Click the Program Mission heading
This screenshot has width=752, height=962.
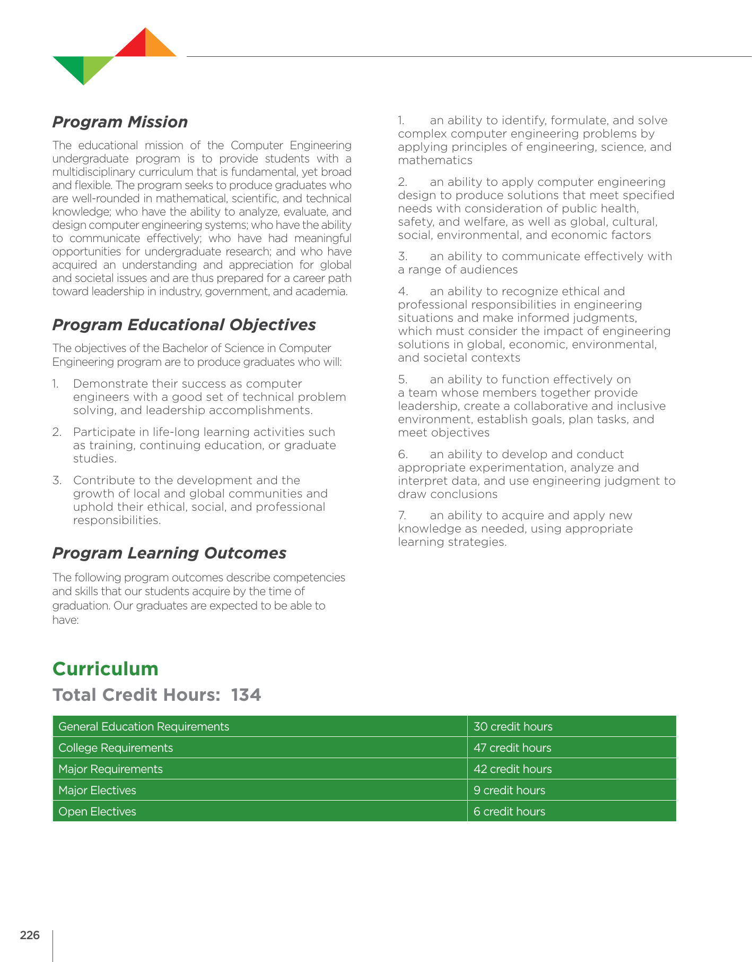click(120, 122)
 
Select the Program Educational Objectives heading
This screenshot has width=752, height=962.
click(184, 325)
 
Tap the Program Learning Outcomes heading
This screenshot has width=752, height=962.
click(169, 553)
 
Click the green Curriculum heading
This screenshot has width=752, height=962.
click(106, 668)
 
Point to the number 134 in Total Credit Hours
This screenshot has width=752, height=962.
click(246, 695)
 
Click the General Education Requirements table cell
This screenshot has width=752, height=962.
click(144, 726)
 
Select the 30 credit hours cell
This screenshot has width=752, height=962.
click(513, 726)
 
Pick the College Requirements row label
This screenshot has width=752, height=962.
click(116, 748)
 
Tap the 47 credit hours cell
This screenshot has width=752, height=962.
click(512, 748)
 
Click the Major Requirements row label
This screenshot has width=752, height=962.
click(110, 769)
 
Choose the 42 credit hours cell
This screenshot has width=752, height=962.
click(512, 769)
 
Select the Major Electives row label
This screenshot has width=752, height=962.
click(97, 790)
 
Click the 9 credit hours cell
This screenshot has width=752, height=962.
click(509, 790)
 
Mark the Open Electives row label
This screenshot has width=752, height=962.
click(97, 811)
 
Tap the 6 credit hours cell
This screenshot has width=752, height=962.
click(509, 811)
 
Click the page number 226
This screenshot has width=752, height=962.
click(30, 935)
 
